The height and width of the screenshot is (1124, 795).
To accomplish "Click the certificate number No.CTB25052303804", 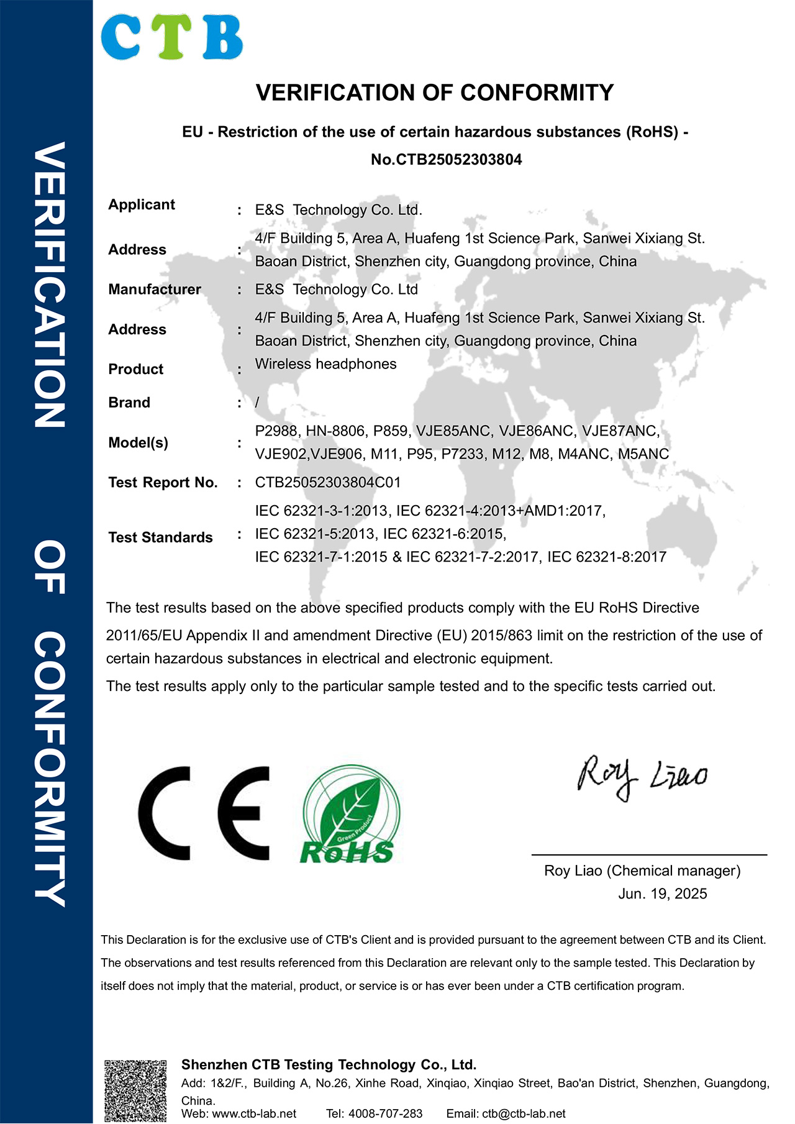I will pyautogui.click(x=446, y=160).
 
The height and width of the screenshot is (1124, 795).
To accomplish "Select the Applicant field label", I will pyautogui.click(x=142, y=204).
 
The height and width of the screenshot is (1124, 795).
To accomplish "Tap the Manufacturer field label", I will pyautogui.click(x=155, y=290).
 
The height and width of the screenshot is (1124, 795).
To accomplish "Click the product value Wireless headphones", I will pyautogui.click(x=325, y=364).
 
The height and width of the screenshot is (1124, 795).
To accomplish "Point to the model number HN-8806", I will pyautogui.click(x=335, y=431).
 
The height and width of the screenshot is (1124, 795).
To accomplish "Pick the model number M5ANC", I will pyautogui.click(x=643, y=454).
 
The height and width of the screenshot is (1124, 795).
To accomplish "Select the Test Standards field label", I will pyautogui.click(x=160, y=537).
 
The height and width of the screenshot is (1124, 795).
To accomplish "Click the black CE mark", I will pyautogui.click(x=204, y=813).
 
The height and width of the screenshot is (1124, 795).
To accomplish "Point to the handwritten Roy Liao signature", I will pyautogui.click(x=642, y=777).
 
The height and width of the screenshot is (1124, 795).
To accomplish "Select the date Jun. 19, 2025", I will pyautogui.click(x=662, y=893).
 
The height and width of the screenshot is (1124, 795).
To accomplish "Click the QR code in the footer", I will pyautogui.click(x=135, y=1090).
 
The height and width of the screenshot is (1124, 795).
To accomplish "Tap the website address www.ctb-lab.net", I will pyautogui.click(x=254, y=1113).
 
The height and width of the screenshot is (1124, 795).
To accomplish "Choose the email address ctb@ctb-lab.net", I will pyautogui.click(x=524, y=1113).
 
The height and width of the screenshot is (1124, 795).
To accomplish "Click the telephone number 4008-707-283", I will pyautogui.click(x=385, y=1113).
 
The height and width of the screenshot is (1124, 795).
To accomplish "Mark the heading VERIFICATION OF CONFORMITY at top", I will pyautogui.click(x=435, y=93).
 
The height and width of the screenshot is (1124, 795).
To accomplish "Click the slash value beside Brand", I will pyautogui.click(x=257, y=403).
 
